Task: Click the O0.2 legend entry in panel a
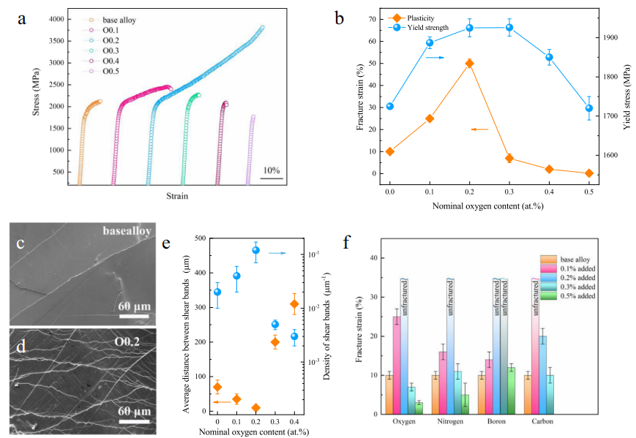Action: tap(110, 40)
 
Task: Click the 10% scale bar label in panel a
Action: tap(272, 170)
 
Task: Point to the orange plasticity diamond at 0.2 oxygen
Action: tap(469, 64)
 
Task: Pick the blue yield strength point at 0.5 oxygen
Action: tap(588, 108)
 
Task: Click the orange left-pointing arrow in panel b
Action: tap(479, 129)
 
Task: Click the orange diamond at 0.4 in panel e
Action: tap(294, 304)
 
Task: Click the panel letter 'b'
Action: tap(340, 18)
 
